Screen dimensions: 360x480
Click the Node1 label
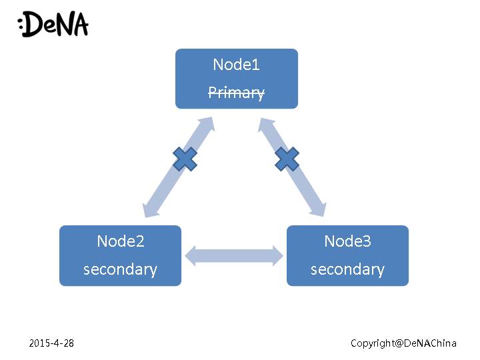tap(236, 65)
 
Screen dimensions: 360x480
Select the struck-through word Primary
tap(236, 93)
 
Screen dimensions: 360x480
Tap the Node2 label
tap(120, 241)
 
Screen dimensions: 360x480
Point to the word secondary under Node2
tap(120, 269)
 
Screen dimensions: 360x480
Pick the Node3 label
tap(347, 241)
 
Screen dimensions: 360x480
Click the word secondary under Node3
tap(347, 269)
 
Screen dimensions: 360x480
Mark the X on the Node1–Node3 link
tap(287, 159)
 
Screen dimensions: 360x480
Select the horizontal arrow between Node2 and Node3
tap(234, 256)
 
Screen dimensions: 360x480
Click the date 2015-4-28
tap(51, 343)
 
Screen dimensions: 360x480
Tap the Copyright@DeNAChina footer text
tap(403, 343)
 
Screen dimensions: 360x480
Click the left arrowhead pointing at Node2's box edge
tap(190, 256)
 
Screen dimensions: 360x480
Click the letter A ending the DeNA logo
tap(79, 25)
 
